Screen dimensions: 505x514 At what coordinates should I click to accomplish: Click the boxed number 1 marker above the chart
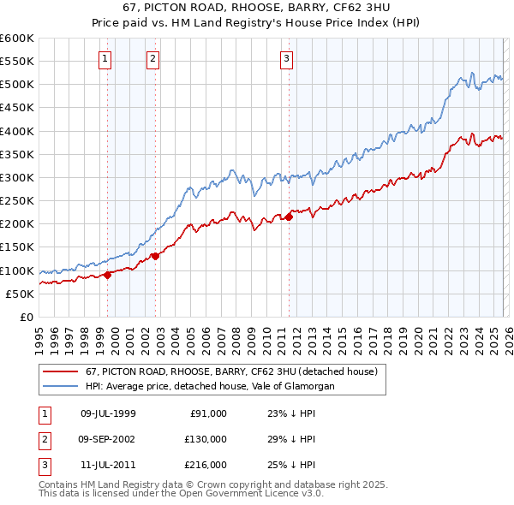(x=105, y=59)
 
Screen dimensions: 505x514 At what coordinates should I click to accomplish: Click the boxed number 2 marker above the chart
(x=152, y=59)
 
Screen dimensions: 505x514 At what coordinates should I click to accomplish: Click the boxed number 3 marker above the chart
(x=286, y=59)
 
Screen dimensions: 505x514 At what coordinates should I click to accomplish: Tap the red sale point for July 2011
(x=289, y=217)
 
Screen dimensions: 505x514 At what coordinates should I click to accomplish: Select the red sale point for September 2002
(x=155, y=256)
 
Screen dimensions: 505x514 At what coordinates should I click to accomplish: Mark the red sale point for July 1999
(x=108, y=275)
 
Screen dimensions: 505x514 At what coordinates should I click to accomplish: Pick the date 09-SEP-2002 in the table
(x=107, y=439)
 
